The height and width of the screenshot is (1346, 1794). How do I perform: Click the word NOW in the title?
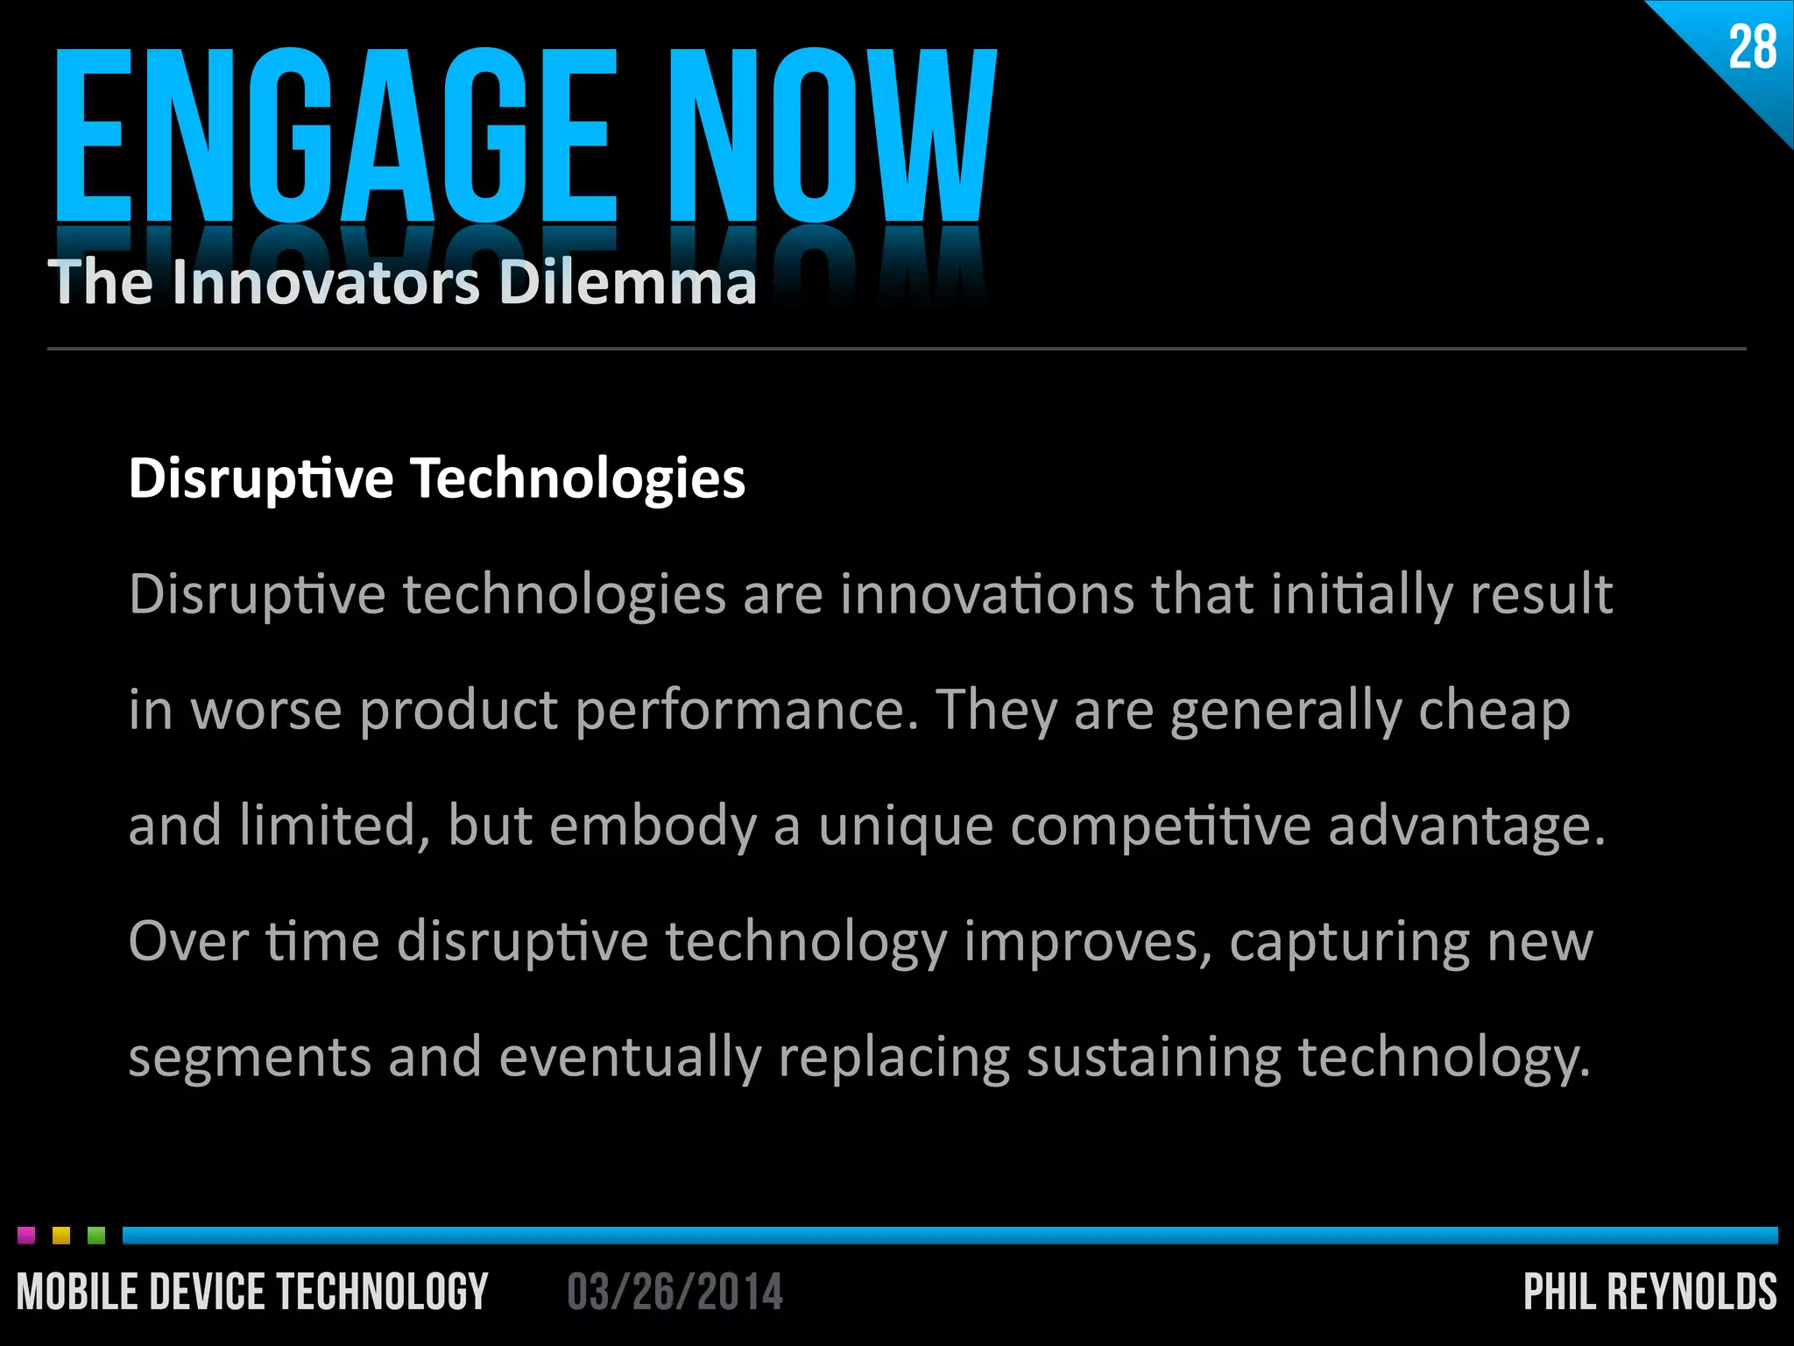[832, 136]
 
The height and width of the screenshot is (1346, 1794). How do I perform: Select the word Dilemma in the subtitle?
[627, 282]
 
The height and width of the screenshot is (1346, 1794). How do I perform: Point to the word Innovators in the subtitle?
[327, 282]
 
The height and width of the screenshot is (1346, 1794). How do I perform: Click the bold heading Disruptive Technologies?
[436, 479]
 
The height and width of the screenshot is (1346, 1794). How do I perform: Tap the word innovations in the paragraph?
[986, 594]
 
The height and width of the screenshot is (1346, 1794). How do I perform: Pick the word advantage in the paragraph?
[1466, 827]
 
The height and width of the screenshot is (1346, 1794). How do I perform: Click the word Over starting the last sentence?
[188, 941]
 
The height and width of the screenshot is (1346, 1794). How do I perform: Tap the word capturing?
[1349, 943]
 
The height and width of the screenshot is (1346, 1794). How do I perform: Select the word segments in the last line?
[250, 1057]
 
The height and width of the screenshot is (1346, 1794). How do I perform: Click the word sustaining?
[1154, 1057]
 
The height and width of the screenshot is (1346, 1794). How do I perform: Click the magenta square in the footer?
[26, 1236]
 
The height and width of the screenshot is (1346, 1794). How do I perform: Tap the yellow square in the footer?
[61, 1236]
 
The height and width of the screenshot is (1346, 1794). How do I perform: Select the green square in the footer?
[96, 1236]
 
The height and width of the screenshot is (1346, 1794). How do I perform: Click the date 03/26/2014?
[675, 1293]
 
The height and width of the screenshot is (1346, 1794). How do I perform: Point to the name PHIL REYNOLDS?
[1649, 1293]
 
